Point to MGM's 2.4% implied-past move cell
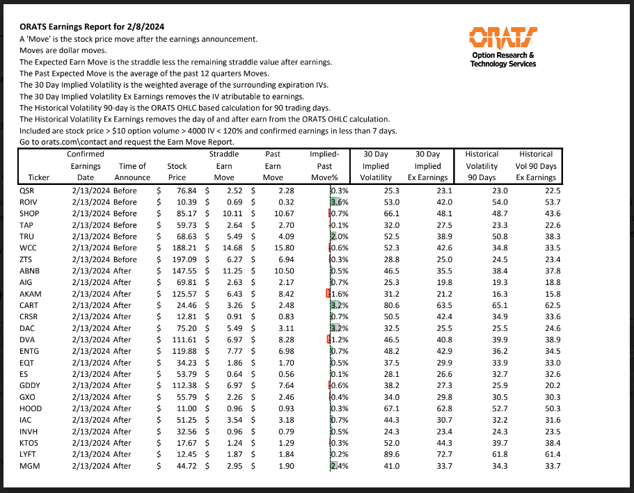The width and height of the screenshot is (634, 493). (x=339, y=465)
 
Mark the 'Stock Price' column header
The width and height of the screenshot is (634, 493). (x=177, y=172)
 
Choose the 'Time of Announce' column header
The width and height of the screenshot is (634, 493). (x=132, y=172)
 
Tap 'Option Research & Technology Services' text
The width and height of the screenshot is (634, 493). (x=503, y=60)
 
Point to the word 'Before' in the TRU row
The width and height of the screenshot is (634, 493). (x=126, y=236)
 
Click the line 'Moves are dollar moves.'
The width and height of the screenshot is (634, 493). (x=63, y=51)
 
